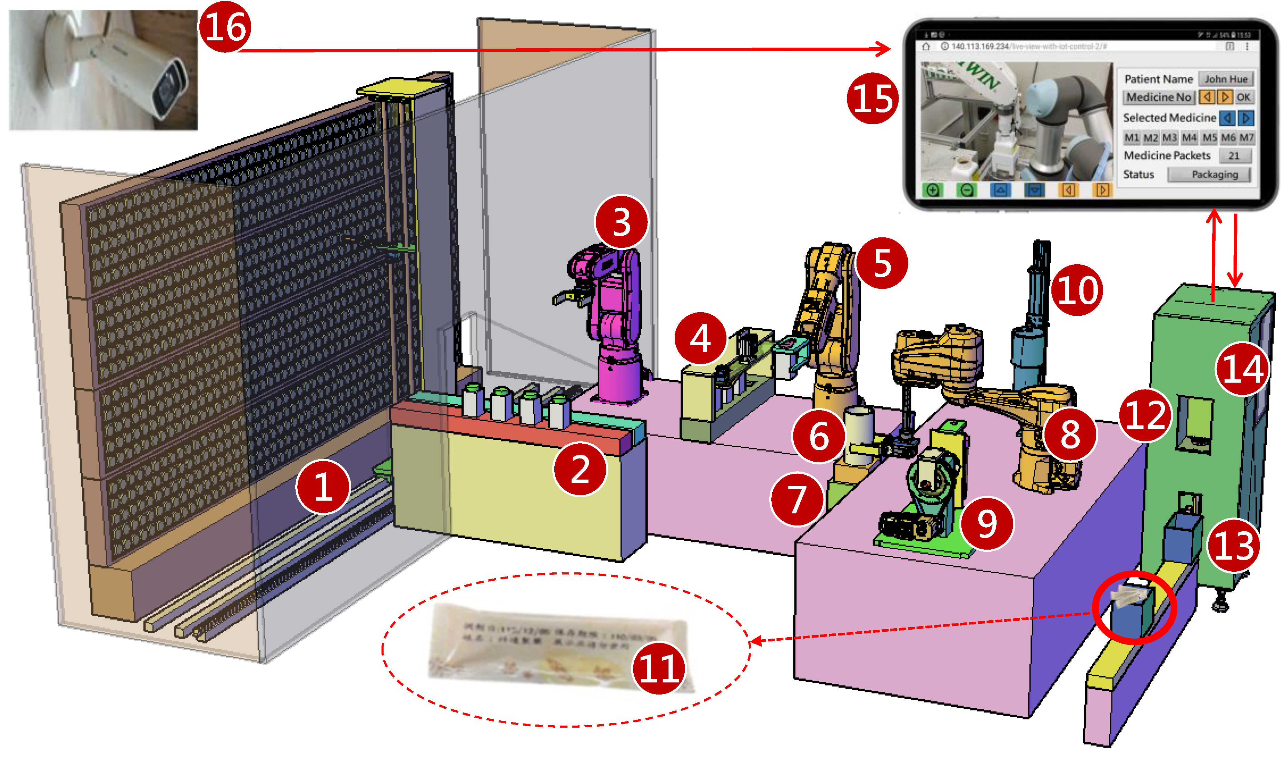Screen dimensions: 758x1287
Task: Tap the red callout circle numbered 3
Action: click(x=621, y=222)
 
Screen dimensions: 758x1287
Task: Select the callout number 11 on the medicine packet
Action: click(x=659, y=668)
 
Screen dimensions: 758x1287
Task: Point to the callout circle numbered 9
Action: click(x=987, y=523)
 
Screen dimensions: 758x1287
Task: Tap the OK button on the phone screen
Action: click(x=1243, y=97)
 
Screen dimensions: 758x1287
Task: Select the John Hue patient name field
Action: click(x=1226, y=79)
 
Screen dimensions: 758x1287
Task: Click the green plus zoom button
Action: click(x=932, y=190)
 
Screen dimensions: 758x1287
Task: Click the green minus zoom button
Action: click(x=966, y=190)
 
